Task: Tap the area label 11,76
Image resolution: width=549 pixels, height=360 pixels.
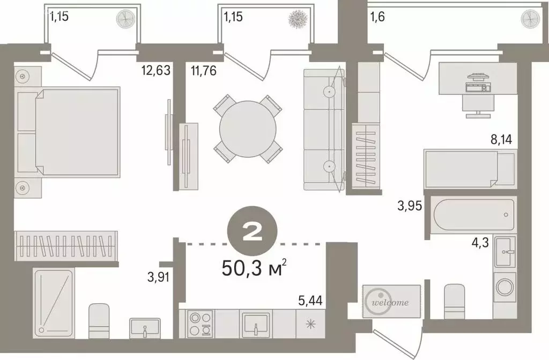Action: (x=203, y=71)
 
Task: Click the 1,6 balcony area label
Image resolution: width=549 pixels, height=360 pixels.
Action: (x=378, y=17)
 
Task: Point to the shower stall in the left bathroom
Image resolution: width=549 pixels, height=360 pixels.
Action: (x=54, y=303)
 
